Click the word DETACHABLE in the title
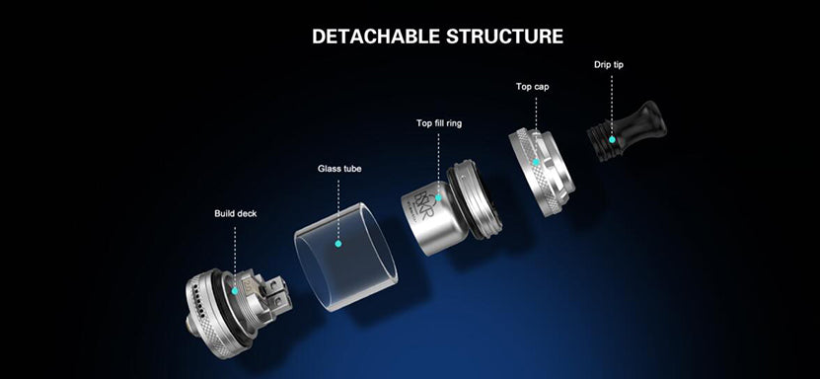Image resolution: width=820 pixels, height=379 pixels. coord(376,37)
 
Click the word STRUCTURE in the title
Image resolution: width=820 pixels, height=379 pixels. coord(504,37)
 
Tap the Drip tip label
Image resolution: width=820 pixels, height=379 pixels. coord(609,65)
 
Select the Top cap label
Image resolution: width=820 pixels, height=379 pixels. coord(533,86)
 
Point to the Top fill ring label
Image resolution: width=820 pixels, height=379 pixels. coord(439,123)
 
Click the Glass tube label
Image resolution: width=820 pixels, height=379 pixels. coord(339,169)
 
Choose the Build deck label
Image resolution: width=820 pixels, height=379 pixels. coord(235,213)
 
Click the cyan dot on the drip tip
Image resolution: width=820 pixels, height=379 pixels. coord(612,139)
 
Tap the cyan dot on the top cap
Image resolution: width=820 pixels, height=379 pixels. coord(536,162)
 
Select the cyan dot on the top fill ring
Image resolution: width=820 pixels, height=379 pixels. coord(438,197)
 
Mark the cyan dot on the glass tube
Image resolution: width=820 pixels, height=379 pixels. coord(337,244)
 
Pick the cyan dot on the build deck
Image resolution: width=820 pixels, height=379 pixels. coord(235,290)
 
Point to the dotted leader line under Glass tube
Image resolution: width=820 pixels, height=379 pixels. coord(338,210)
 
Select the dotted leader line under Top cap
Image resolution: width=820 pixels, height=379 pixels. coord(536,127)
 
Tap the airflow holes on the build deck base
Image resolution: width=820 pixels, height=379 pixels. coord(195,298)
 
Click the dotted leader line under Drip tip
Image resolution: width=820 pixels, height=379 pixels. coord(612,106)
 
